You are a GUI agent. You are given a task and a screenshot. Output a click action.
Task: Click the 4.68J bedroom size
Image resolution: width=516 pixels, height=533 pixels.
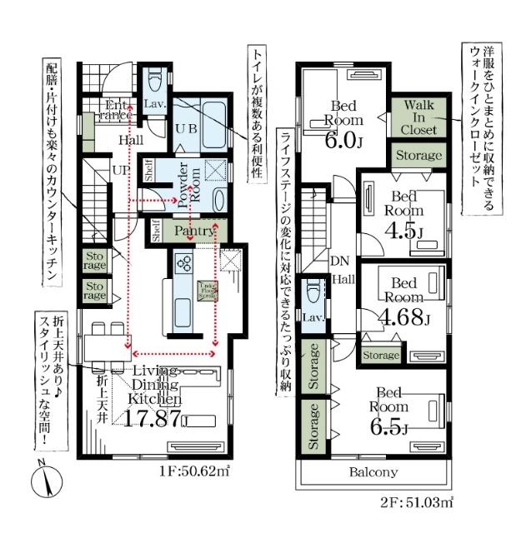coord(404,317)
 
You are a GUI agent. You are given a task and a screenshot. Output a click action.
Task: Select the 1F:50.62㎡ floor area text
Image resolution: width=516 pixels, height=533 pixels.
coord(193,471)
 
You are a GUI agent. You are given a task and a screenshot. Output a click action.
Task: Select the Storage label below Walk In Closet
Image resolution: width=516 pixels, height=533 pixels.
coord(418,156)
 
